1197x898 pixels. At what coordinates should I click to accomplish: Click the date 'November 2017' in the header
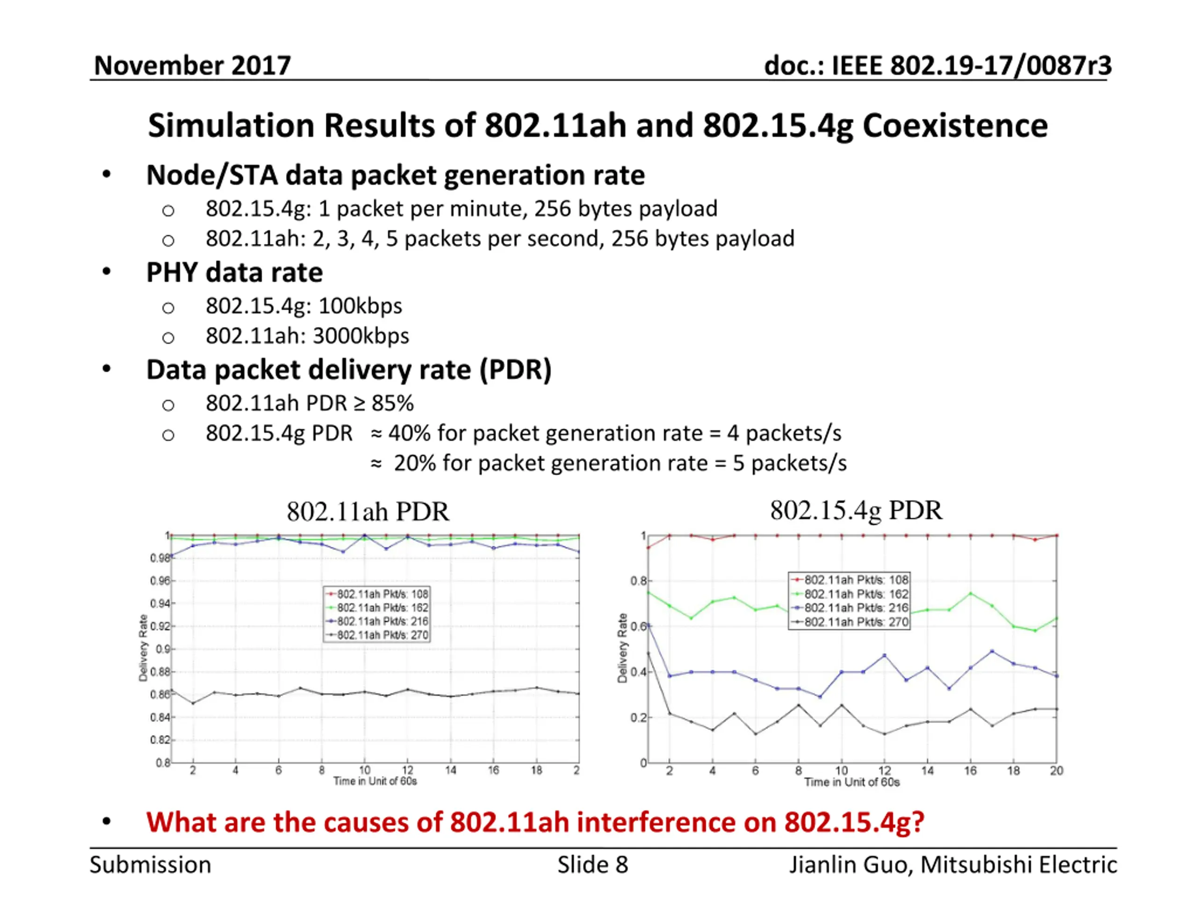coord(192,65)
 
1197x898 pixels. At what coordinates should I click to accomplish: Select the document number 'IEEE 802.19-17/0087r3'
coord(971,65)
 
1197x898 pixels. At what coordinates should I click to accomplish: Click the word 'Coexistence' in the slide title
coord(955,125)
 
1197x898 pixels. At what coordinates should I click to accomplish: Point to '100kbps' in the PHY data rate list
coord(360,306)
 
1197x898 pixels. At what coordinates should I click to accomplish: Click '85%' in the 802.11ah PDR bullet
coord(392,403)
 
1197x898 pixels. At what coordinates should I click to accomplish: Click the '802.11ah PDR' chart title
coord(368,512)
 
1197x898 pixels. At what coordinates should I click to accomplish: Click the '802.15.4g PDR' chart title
coord(856,510)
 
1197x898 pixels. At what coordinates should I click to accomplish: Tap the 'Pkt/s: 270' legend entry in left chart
coord(382,635)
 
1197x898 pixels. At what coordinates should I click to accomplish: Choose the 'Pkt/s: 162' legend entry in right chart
coord(856,594)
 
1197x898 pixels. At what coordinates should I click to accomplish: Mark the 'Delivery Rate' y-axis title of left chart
coord(144,647)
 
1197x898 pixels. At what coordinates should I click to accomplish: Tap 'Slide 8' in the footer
coord(592,865)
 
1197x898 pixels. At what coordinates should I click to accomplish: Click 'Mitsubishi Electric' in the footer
coord(1018,865)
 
